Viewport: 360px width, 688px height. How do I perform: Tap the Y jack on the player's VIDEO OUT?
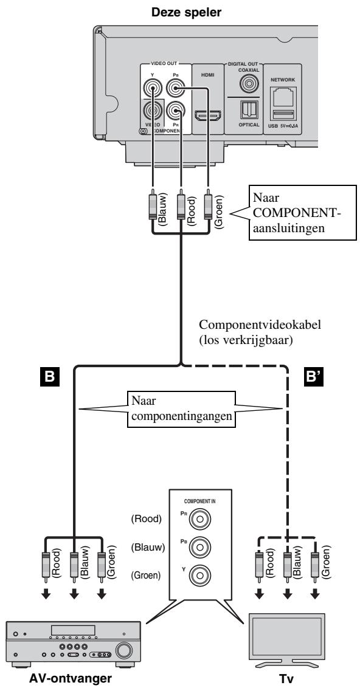(152, 90)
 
